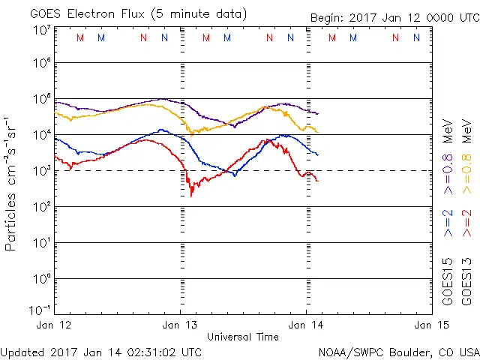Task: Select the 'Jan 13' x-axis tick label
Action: (x=181, y=325)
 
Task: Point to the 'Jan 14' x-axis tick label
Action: (x=306, y=325)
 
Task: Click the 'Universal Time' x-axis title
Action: (x=243, y=337)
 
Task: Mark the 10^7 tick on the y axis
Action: (x=40, y=30)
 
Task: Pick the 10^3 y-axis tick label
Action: (x=40, y=171)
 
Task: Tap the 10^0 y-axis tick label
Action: (x=40, y=279)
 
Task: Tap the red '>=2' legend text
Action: (x=467, y=223)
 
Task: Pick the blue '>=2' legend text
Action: (x=448, y=223)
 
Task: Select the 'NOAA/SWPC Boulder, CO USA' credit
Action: (x=397, y=352)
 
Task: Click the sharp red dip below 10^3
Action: (x=192, y=194)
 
